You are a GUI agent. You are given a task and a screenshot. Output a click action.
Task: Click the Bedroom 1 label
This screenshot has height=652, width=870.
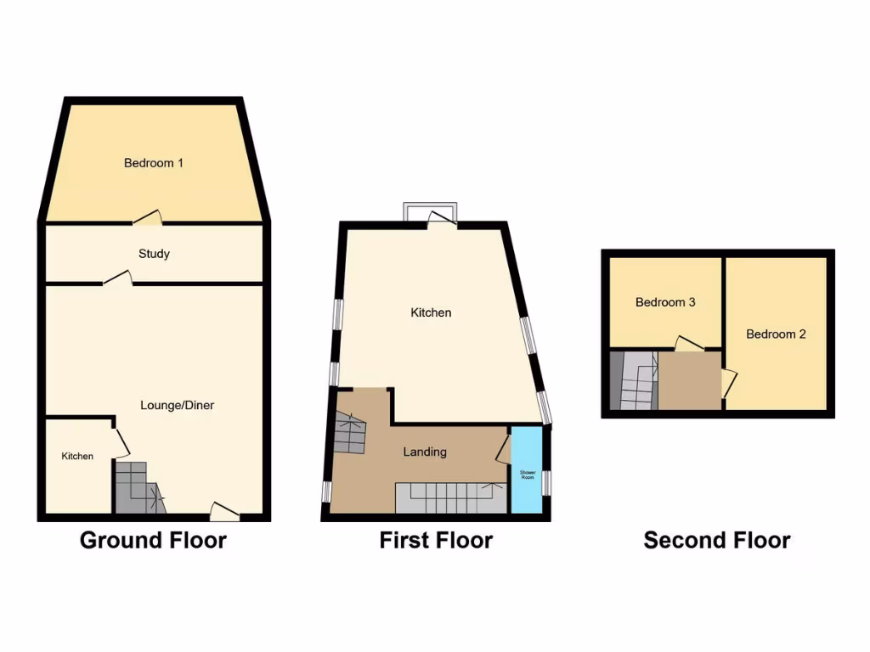(x=154, y=163)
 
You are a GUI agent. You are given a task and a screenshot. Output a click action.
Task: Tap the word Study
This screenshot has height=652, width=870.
(x=154, y=254)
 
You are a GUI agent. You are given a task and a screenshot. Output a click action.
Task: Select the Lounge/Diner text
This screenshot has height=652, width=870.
(x=177, y=405)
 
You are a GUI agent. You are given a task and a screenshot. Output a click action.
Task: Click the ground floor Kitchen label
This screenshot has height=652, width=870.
(x=76, y=457)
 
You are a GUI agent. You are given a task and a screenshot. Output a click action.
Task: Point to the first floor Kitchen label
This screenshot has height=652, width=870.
(x=431, y=312)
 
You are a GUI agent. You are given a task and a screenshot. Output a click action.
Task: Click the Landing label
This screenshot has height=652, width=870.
(x=424, y=452)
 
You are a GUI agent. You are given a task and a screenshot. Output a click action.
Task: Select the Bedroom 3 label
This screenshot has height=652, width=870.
(x=665, y=302)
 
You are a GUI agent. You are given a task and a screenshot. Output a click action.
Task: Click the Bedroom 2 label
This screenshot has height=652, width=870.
(x=776, y=334)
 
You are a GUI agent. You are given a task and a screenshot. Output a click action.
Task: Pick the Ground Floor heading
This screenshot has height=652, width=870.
(x=153, y=540)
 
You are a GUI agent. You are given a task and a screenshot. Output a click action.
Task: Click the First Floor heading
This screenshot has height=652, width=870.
(x=436, y=540)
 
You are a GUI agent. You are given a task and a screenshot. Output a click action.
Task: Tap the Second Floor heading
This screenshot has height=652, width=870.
(x=717, y=540)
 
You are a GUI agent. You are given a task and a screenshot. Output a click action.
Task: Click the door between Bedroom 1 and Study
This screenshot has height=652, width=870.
(x=147, y=218)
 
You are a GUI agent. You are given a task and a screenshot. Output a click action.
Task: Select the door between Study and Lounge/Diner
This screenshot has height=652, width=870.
(x=117, y=278)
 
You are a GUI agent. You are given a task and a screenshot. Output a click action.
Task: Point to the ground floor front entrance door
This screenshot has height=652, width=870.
(x=224, y=511)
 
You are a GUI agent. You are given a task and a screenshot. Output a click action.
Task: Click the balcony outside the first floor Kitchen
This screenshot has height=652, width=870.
(x=430, y=210)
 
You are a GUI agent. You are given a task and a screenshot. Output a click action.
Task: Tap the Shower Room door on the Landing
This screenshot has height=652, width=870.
(x=502, y=448)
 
